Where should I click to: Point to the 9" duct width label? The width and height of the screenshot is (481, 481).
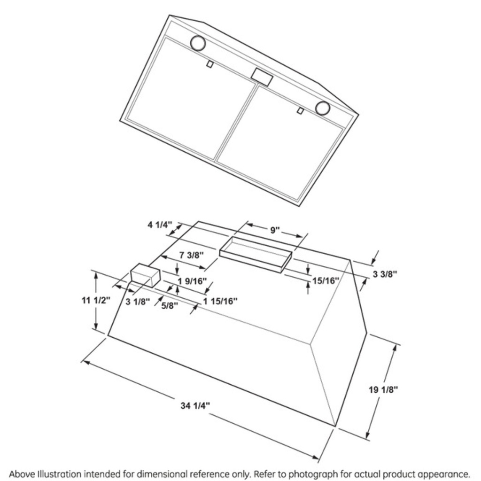[275, 230]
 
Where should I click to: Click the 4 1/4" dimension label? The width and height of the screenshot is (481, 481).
[159, 225]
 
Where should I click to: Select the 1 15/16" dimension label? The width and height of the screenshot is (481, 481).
[220, 301]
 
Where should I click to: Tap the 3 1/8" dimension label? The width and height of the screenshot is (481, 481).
[137, 301]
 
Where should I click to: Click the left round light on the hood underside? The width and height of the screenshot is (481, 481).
[198, 43]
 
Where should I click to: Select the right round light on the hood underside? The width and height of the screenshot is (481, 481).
[323, 108]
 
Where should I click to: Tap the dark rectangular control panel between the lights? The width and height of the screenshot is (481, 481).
[262, 77]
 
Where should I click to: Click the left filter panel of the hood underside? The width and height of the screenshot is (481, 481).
[190, 99]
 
